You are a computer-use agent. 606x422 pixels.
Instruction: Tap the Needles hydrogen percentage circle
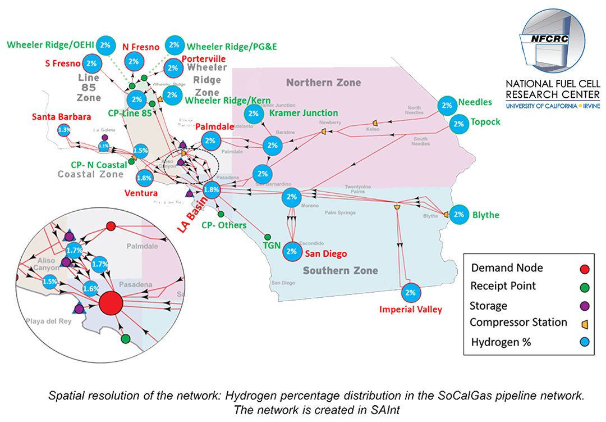click(447, 105)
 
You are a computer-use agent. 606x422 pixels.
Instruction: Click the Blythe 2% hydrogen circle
click(459, 214)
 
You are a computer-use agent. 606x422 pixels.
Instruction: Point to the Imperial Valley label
click(410, 310)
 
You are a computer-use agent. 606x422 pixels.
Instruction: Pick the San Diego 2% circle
click(291, 251)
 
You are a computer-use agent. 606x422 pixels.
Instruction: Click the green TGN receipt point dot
click(268, 237)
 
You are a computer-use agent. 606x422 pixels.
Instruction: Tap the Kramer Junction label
click(304, 113)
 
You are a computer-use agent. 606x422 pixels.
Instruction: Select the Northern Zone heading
click(323, 83)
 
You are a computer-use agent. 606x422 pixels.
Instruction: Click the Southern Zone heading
click(340, 270)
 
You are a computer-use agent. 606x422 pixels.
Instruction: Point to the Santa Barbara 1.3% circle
click(65, 130)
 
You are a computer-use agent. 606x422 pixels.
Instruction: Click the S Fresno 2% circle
click(92, 63)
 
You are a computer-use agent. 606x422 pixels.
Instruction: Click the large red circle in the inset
click(111, 305)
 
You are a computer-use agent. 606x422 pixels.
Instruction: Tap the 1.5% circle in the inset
click(50, 281)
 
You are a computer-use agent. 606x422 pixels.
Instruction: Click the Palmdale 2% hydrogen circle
click(210, 140)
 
